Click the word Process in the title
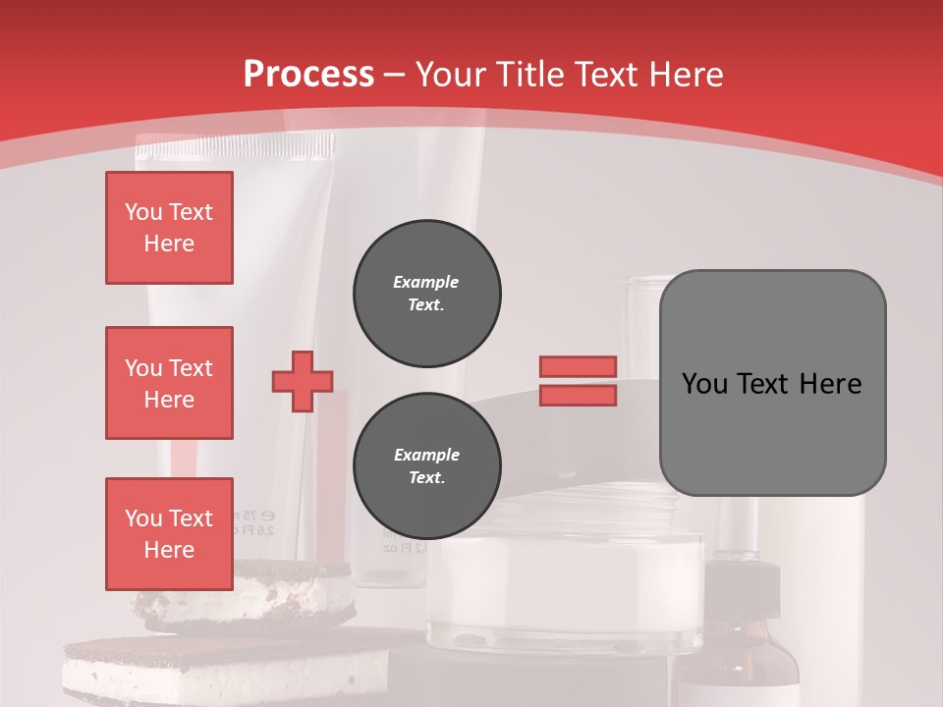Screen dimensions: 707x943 pyautogui.click(x=308, y=75)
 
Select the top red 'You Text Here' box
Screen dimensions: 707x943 pyautogui.click(x=169, y=228)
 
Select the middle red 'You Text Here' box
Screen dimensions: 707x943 pyautogui.click(x=169, y=383)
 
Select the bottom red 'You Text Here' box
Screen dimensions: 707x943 pyautogui.click(x=169, y=534)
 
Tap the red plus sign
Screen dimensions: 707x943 pyautogui.click(x=303, y=381)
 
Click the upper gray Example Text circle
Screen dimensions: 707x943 pyautogui.click(x=427, y=294)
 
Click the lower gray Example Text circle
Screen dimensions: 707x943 pyautogui.click(x=427, y=466)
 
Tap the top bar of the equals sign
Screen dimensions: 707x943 pyautogui.click(x=578, y=366)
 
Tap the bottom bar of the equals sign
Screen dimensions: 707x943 pyautogui.click(x=578, y=395)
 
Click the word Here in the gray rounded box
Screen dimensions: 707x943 pyautogui.click(x=830, y=384)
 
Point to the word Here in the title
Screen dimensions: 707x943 pyautogui.click(x=685, y=75)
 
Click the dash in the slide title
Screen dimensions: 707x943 pyautogui.click(x=395, y=75)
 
